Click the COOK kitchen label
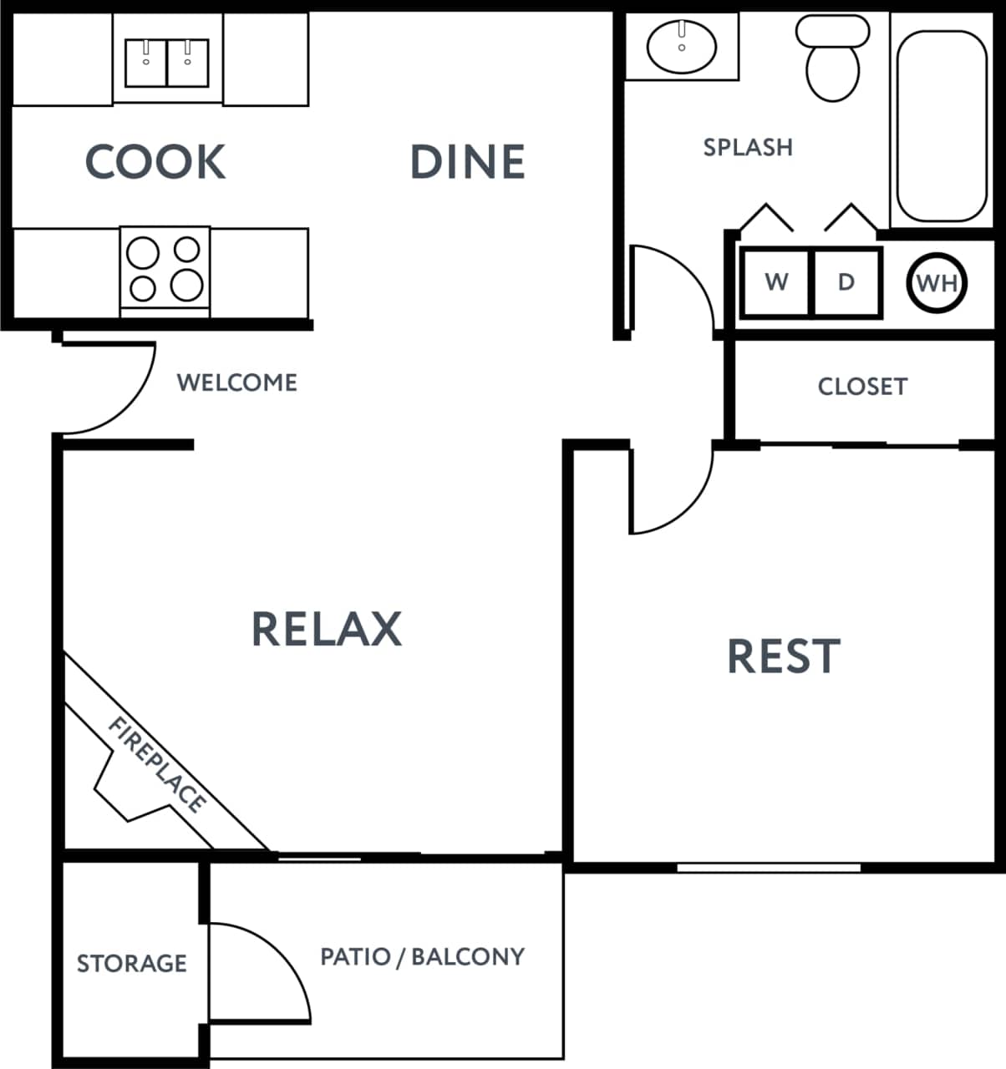[155, 162]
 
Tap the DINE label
[468, 162]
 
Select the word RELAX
[327, 629]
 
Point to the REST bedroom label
[784, 656]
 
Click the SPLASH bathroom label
[748, 148]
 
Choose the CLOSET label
[862, 387]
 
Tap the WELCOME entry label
[237, 383]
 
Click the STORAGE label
[132, 964]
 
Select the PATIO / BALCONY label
[423, 956]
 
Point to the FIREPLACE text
[157, 764]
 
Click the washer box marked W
[776, 282]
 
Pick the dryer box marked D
[846, 282]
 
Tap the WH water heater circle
[936, 283]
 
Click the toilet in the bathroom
[832, 58]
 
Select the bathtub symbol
[942, 125]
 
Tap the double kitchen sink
[166, 63]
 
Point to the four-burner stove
[165, 268]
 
